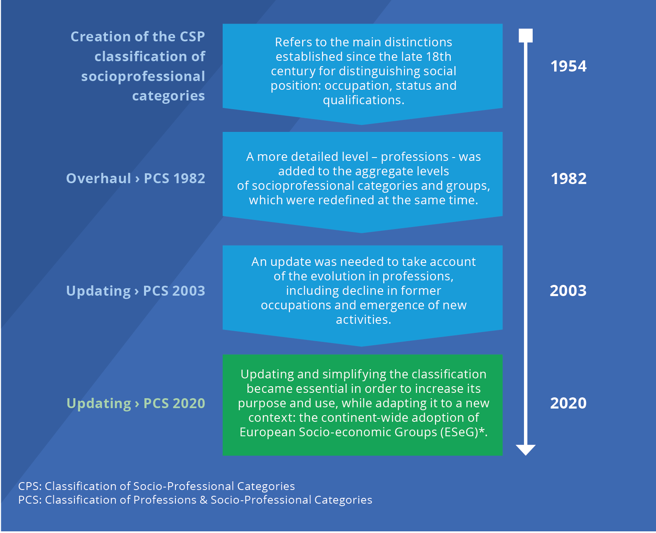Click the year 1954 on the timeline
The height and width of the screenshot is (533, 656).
[x=568, y=66]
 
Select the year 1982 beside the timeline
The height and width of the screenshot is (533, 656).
[x=569, y=179]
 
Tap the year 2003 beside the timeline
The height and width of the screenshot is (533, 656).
[x=568, y=291]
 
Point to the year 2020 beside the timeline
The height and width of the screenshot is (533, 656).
[x=568, y=403]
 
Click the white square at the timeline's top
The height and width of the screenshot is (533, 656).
[x=525, y=36]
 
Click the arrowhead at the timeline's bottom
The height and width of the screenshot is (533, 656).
[x=525, y=450]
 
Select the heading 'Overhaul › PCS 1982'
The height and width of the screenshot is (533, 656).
[x=135, y=179]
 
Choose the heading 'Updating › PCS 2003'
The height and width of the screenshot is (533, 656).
[x=135, y=291]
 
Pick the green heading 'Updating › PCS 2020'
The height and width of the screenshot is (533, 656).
[x=135, y=404]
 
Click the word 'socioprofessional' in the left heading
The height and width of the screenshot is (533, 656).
[x=143, y=76]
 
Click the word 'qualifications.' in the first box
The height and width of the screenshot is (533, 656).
[x=363, y=100]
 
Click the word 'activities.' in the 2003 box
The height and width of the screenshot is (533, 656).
[x=363, y=320]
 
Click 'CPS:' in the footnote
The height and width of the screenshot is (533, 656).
[x=30, y=486]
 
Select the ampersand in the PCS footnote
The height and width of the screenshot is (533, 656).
[x=203, y=500]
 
